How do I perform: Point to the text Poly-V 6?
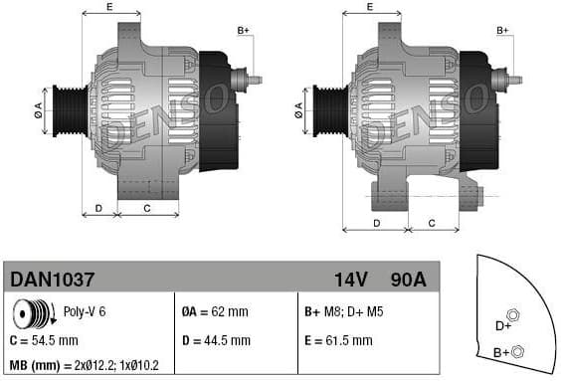pyautogui.click(x=84, y=311)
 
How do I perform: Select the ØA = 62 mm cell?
pyautogui.click(x=215, y=311)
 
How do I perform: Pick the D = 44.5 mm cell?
pyautogui.click(x=216, y=340)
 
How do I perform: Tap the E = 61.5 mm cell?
pyautogui.click(x=338, y=340)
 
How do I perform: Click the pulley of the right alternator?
pyautogui.click(x=328, y=104)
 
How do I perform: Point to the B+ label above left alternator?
pyautogui.click(x=244, y=31)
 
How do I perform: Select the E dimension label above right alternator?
pyautogui.click(x=370, y=7)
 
